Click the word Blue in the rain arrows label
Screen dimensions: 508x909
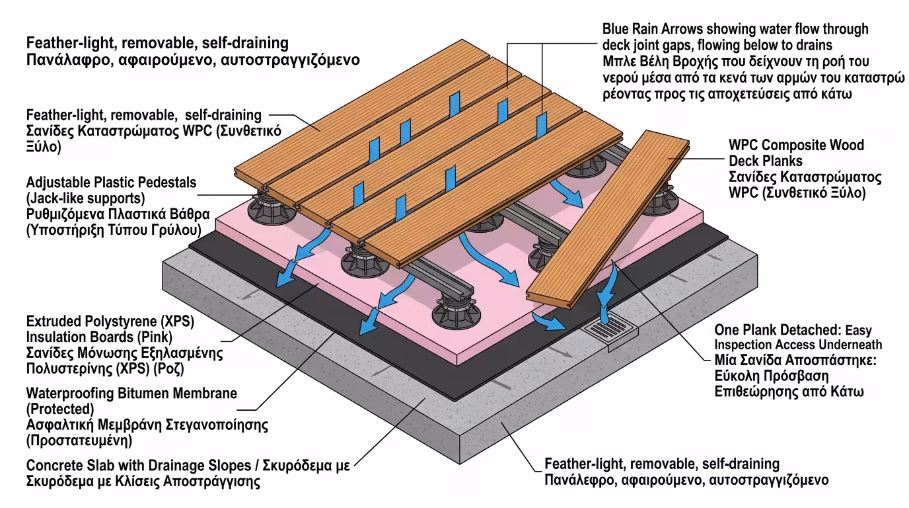618,29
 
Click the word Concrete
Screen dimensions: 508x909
54,464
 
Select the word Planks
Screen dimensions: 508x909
782,161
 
